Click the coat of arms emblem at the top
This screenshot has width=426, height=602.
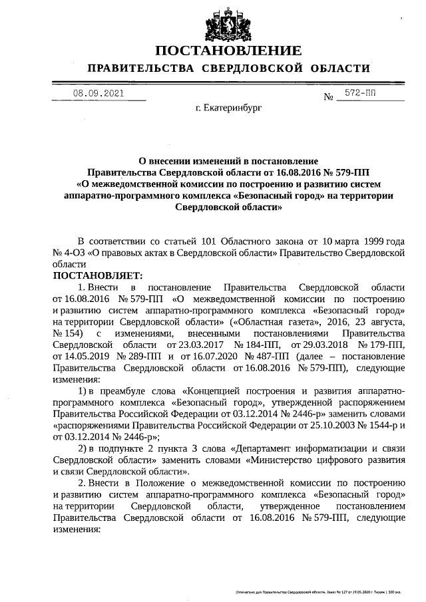tap(227, 24)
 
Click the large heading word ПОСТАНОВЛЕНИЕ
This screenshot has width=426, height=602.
tap(228, 51)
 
